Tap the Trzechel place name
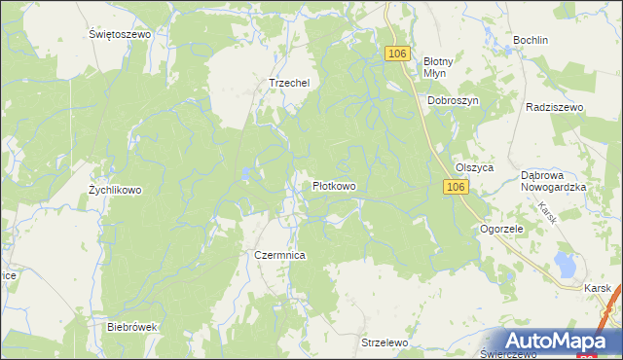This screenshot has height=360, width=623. pyautogui.click(x=288, y=84)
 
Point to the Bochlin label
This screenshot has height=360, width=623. pyautogui.click(x=531, y=41)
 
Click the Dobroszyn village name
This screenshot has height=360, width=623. pyautogui.click(x=453, y=100)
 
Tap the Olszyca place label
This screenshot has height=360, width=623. pyautogui.click(x=474, y=167)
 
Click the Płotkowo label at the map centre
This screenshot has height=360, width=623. pyautogui.click(x=333, y=186)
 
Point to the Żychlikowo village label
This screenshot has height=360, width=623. pyautogui.click(x=115, y=191)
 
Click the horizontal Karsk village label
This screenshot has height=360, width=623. pyautogui.click(x=598, y=289)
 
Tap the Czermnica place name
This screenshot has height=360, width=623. pyautogui.click(x=280, y=255)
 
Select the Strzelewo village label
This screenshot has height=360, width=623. pyautogui.click(x=384, y=343)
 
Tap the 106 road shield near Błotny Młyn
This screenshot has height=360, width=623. pyautogui.click(x=395, y=54)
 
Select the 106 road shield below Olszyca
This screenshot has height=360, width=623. pyautogui.click(x=455, y=186)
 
